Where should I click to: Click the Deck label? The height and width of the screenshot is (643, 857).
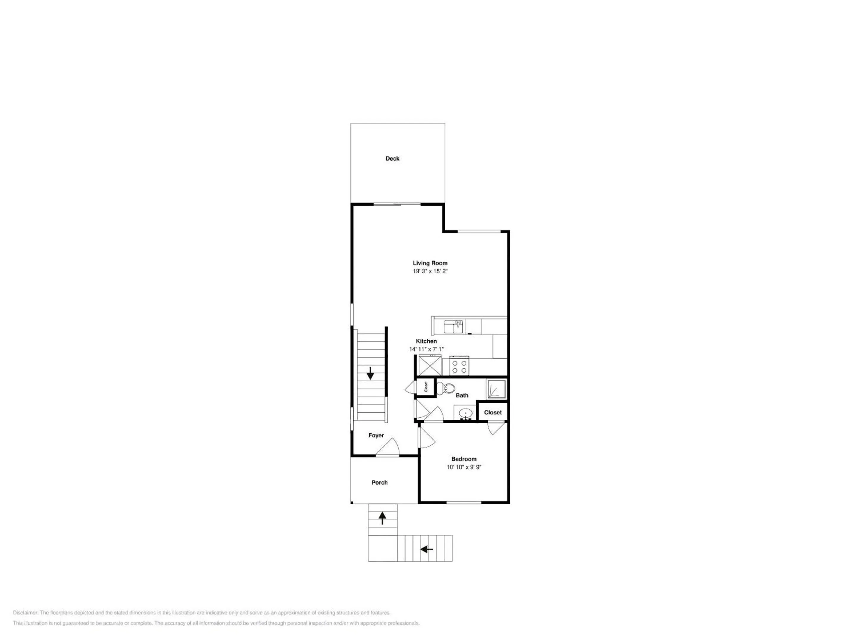[392, 159]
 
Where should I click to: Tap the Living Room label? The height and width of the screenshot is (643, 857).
[430, 263]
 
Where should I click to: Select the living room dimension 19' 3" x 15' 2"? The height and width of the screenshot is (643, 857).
[430, 271]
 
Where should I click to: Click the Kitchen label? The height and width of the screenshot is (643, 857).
[426, 341]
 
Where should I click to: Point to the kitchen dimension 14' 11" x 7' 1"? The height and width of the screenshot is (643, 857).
[426, 349]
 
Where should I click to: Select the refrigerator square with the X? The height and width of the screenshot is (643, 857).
[430, 366]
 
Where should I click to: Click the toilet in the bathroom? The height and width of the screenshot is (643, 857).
[445, 388]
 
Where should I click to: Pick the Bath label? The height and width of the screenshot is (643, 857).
[462, 395]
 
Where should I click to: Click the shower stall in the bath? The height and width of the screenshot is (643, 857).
[496, 389]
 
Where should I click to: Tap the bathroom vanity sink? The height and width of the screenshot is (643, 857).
[465, 413]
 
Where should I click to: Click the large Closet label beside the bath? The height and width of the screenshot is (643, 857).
[493, 412]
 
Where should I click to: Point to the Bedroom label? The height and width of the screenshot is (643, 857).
[464, 459]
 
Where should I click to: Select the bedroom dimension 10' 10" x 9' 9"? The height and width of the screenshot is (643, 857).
[464, 467]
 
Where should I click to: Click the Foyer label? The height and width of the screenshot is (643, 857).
[376, 435]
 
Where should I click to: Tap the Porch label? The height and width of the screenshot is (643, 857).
[379, 483]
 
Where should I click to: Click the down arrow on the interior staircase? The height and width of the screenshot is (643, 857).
[370, 373]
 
